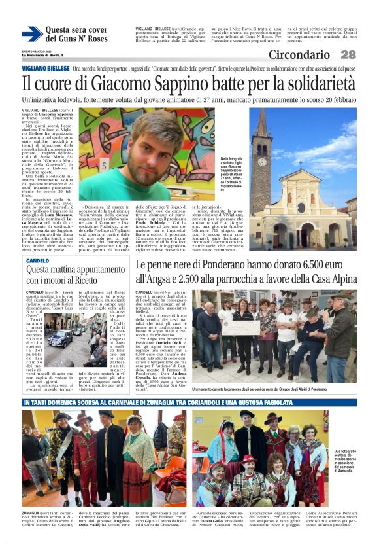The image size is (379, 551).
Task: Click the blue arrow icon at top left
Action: (31, 34)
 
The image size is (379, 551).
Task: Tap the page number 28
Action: (348, 55)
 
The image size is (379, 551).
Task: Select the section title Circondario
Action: (299, 55)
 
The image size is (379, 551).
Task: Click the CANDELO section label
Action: (37, 260)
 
